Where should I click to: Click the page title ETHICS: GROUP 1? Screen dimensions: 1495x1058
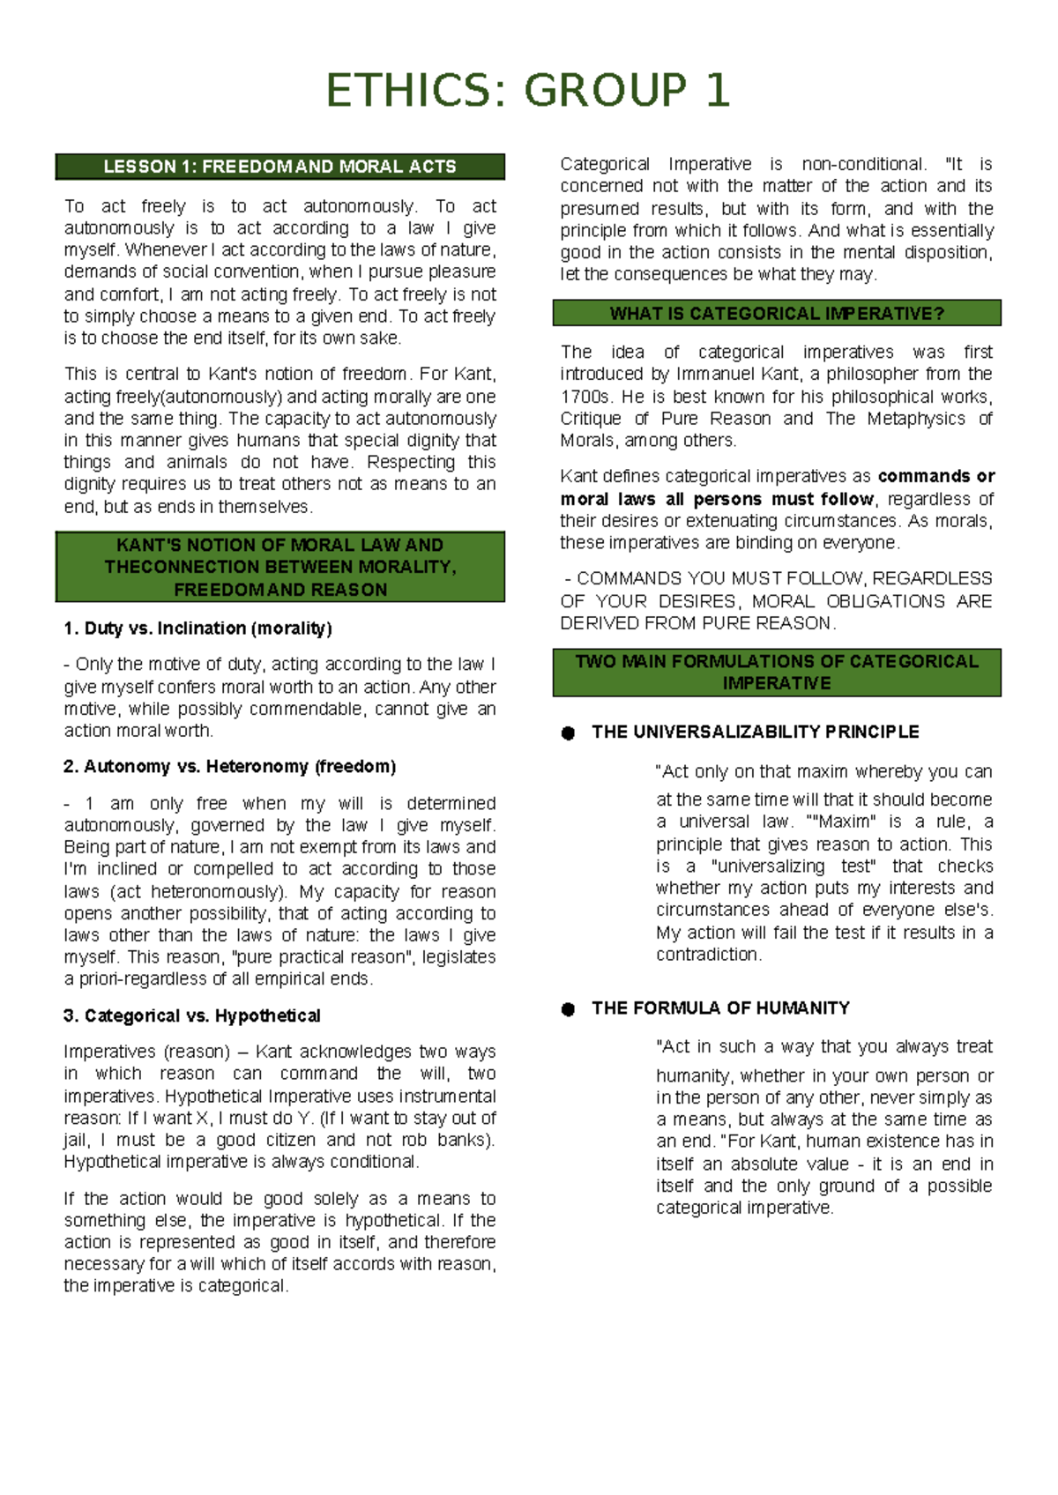pos(528,91)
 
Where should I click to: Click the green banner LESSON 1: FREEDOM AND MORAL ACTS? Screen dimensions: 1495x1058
pos(279,167)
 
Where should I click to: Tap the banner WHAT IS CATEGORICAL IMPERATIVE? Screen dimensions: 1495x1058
pos(777,314)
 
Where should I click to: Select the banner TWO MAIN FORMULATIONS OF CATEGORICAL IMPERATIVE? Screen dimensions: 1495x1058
pos(777,673)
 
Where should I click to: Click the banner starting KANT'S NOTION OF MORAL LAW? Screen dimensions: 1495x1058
pos(279,567)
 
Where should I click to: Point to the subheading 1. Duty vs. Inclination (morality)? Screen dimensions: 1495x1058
pos(197,628)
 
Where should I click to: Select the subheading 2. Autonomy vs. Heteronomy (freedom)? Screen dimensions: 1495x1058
pos(229,767)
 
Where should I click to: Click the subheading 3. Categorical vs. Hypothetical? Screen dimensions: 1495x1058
pos(192,1016)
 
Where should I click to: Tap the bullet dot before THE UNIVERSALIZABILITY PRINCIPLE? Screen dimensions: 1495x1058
pos(569,733)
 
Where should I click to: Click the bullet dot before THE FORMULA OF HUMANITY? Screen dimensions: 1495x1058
pos(569,1009)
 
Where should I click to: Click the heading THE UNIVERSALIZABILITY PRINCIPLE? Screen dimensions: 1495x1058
pos(756,733)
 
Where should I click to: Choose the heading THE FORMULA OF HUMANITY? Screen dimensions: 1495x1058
pos(720,1008)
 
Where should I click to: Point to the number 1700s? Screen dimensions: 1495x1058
pos(585,397)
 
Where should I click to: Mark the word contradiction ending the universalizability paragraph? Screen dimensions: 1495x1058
pos(707,955)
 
